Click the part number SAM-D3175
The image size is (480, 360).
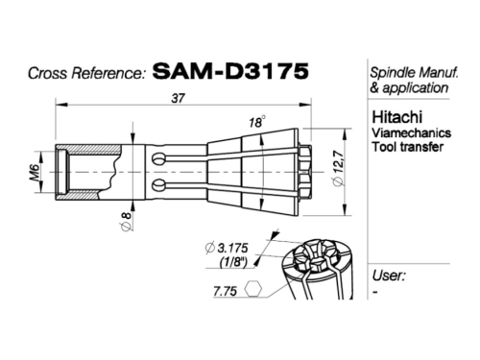pyautogui.click(x=230, y=71)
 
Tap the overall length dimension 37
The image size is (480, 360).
pyautogui.click(x=178, y=98)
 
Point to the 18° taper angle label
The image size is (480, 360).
pyautogui.click(x=257, y=122)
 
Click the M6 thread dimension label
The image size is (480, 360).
pyautogui.click(x=35, y=172)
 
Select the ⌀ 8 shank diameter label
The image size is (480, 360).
pyautogui.click(x=127, y=221)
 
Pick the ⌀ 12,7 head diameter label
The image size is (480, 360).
pyautogui.click(x=338, y=168)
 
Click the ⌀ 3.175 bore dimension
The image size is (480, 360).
pyautogui.click(x=227, y=248)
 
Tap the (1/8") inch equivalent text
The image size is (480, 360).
pyautogui.click(x=233, y=262)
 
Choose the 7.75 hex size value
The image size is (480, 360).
pyautogui.click(x=225, y=291)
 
